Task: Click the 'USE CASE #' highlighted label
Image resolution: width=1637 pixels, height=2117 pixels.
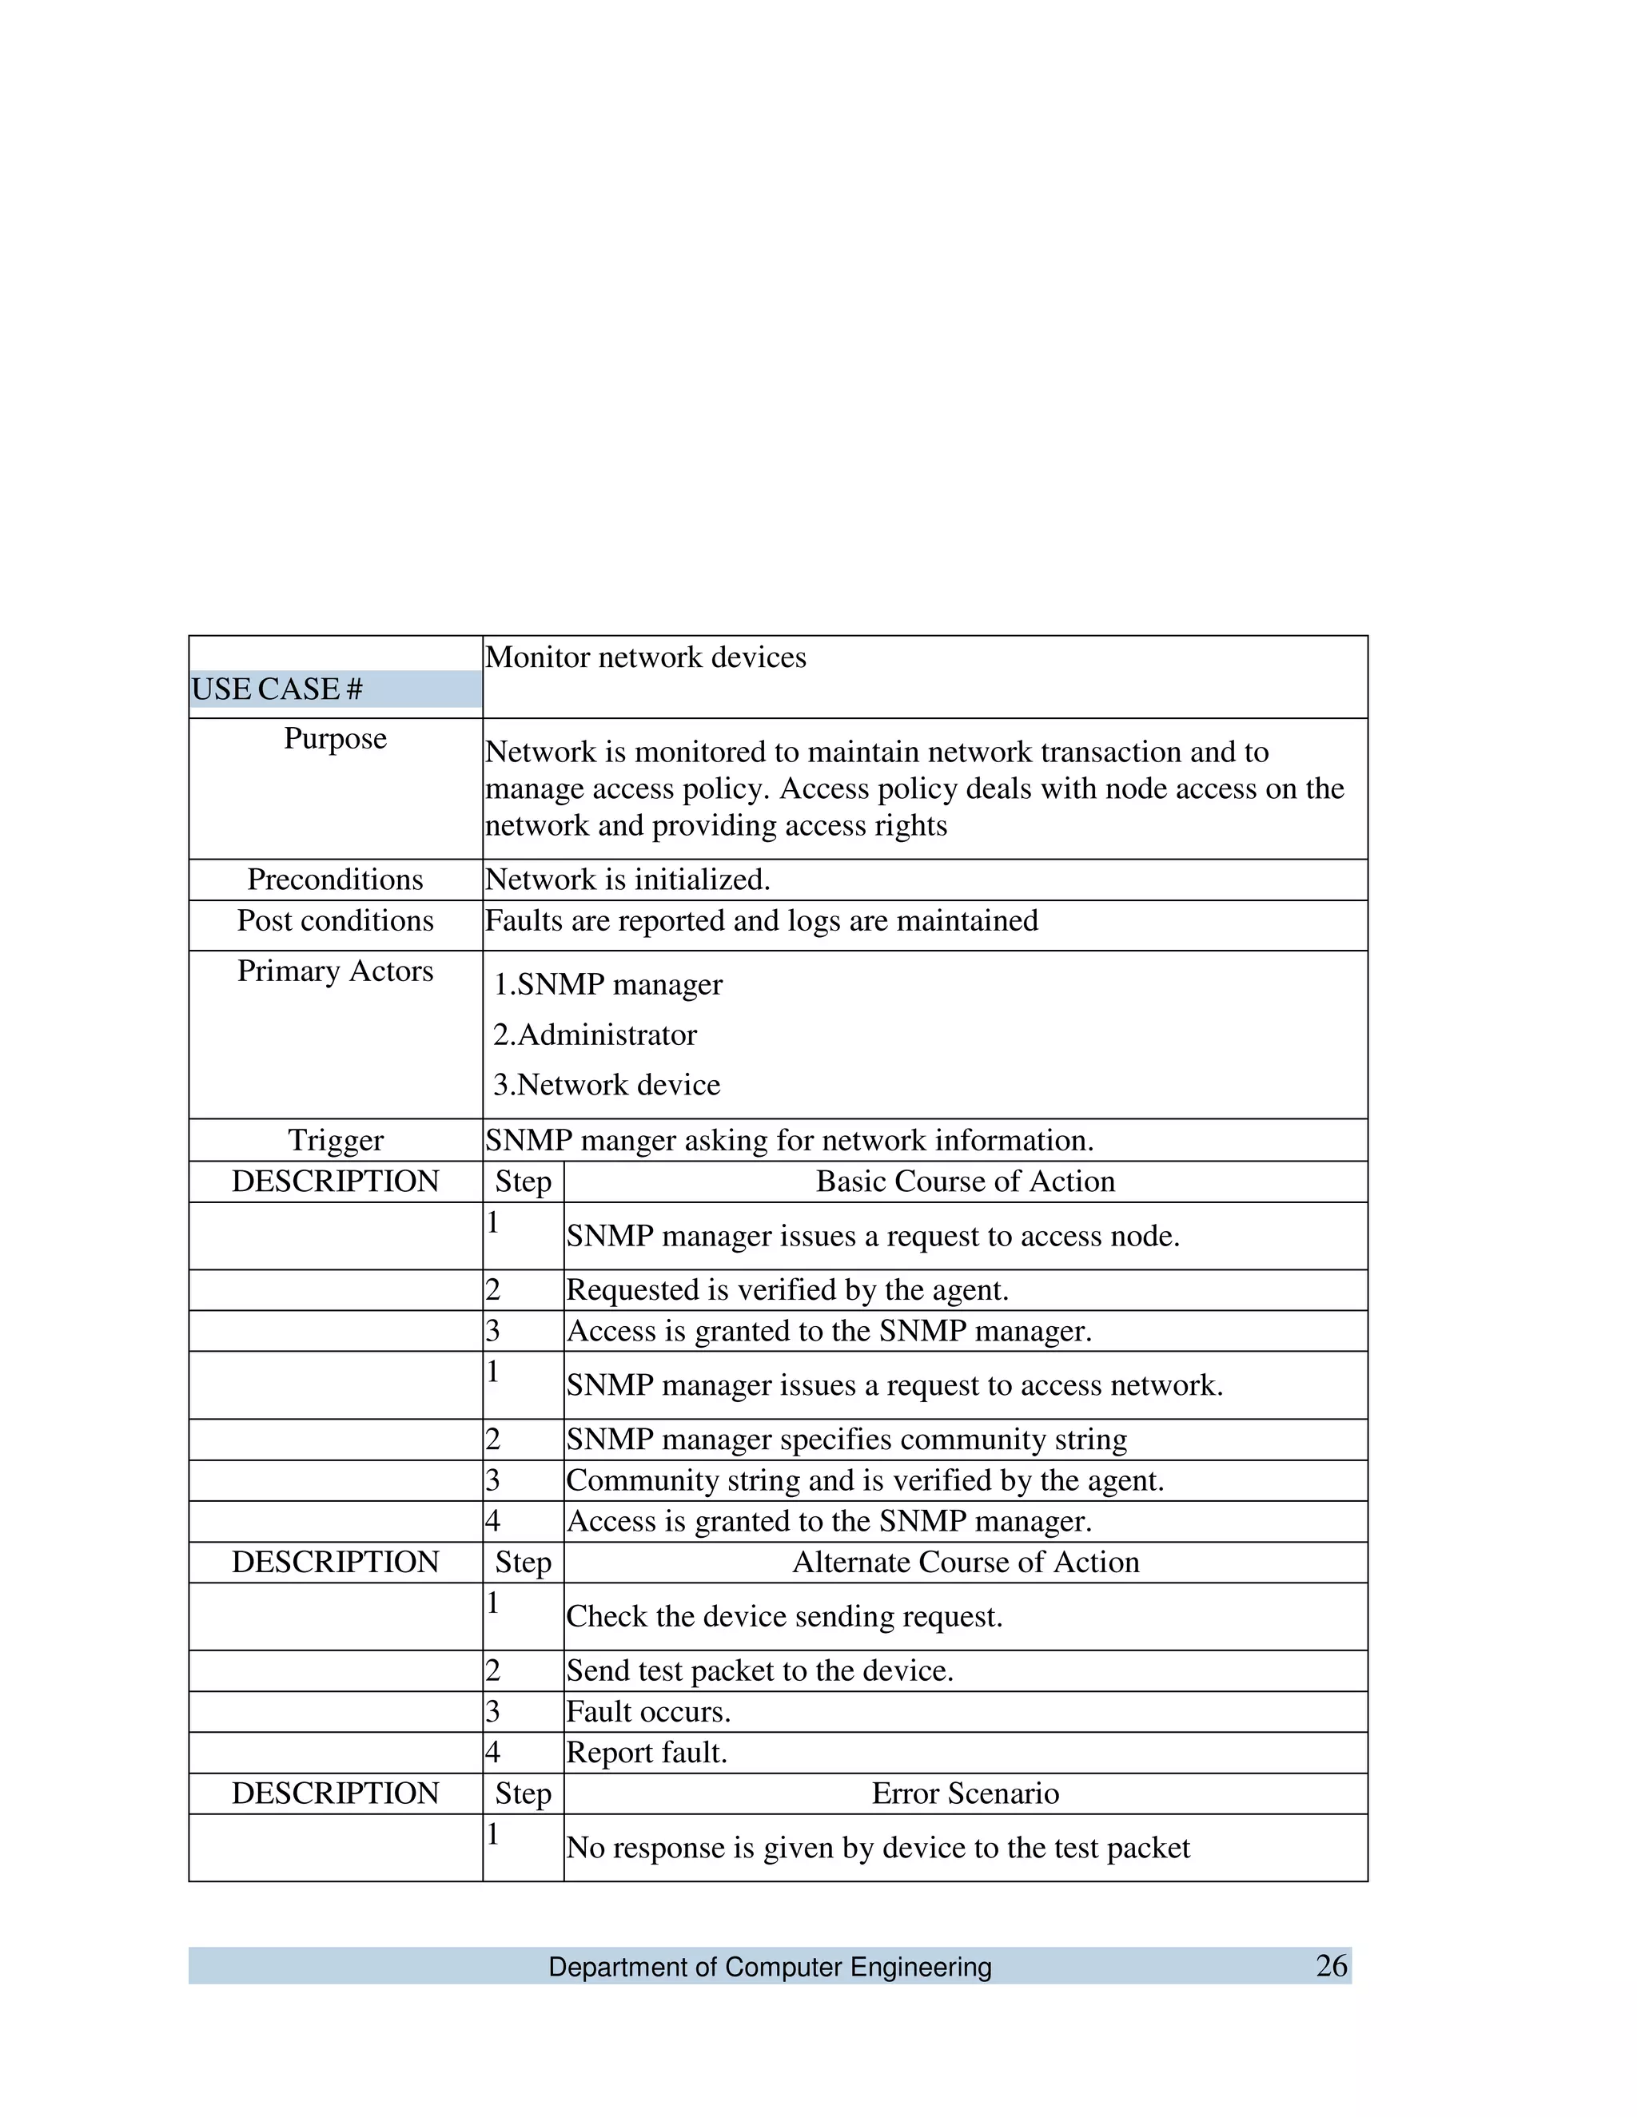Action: [277, 689]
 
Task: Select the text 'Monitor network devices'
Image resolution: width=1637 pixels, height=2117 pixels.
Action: [645, 657]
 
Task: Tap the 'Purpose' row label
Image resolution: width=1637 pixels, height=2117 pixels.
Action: [335, 739]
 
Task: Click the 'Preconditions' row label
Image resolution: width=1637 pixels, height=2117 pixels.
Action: [335, 880]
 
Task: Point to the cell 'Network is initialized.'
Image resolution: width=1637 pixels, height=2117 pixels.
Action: [627, 880]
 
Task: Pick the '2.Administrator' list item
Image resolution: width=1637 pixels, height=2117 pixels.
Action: [595, 1035]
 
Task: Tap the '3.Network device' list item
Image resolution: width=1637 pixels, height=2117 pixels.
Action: [606, 1085]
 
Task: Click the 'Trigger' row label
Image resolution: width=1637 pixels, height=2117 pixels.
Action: [335, 1140]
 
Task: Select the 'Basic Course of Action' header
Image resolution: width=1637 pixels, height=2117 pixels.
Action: [965, 1182]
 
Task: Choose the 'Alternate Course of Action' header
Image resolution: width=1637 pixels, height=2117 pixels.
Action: [965, 1563]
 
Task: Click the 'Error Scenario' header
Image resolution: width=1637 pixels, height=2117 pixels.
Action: [965, 1793]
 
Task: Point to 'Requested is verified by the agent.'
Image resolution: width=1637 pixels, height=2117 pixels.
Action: [787, 1290]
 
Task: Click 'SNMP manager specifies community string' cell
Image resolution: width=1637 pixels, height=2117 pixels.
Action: [846, 1440]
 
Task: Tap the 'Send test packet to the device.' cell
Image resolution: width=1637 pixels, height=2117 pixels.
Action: [759, 1671]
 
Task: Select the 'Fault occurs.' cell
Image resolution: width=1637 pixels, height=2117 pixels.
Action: [647, 1712]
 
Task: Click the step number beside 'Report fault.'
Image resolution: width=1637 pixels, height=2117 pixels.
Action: [492, 1753]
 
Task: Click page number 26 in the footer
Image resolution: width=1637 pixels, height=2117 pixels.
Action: [1331, 1966]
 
